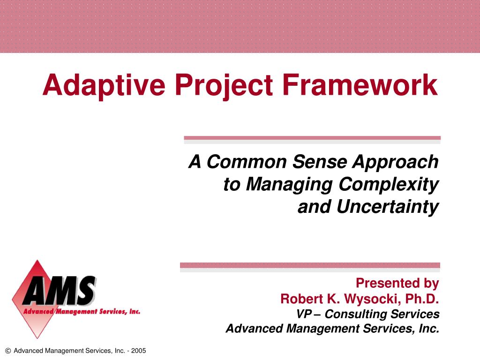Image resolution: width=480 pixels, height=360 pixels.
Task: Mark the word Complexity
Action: (389, 184)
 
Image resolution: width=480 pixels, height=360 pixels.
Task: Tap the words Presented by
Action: (397, 283)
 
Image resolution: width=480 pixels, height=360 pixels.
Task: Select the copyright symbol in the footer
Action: (7, 351)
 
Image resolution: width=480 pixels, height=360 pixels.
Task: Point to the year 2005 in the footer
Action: (138, 351)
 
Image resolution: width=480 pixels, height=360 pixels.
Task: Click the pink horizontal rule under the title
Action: (312, 138)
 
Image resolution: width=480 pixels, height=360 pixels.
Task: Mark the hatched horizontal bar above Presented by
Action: (310, 265)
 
